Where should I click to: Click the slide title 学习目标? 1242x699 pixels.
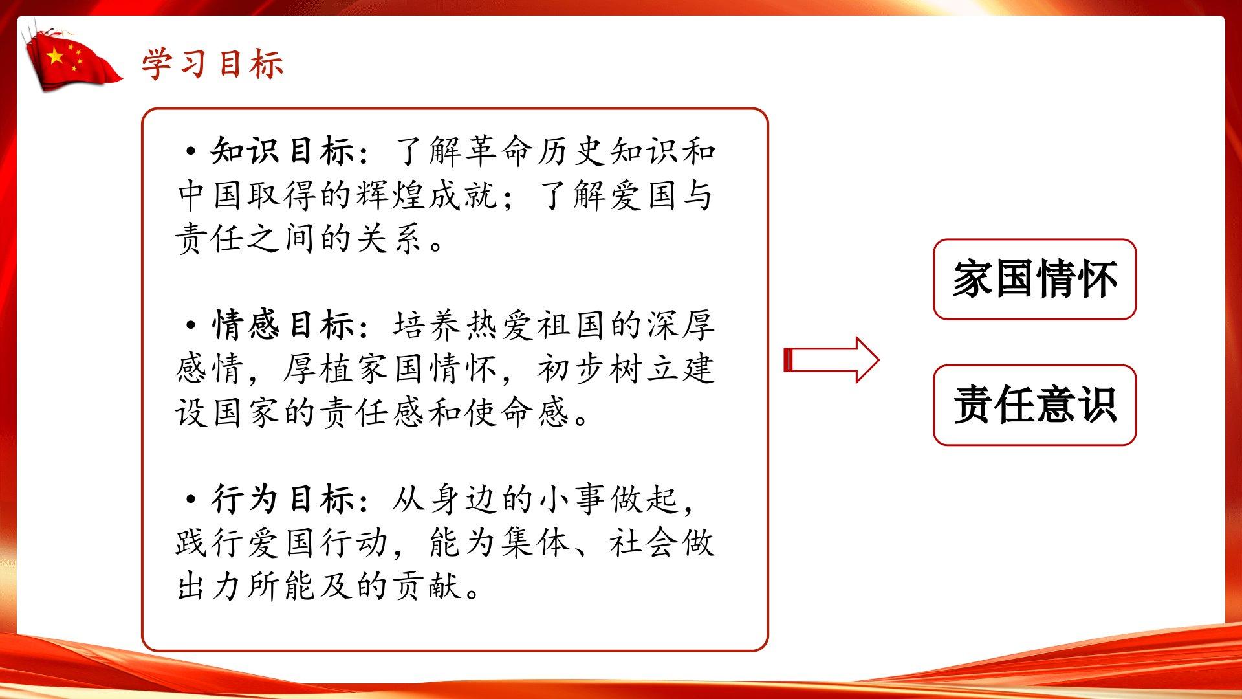213,64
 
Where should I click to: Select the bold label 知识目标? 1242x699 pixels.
282,151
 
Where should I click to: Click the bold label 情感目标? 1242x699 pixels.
282,326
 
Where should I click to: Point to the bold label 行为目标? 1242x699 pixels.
282,500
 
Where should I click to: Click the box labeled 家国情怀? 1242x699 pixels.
1034,280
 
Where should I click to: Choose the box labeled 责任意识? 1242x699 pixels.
1034,405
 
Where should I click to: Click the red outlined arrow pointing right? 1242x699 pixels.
831,360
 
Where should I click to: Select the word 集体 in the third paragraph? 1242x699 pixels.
536,543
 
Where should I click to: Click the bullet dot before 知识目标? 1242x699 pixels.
191,151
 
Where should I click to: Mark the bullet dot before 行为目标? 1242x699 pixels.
191,500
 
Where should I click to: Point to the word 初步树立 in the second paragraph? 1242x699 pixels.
609,369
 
